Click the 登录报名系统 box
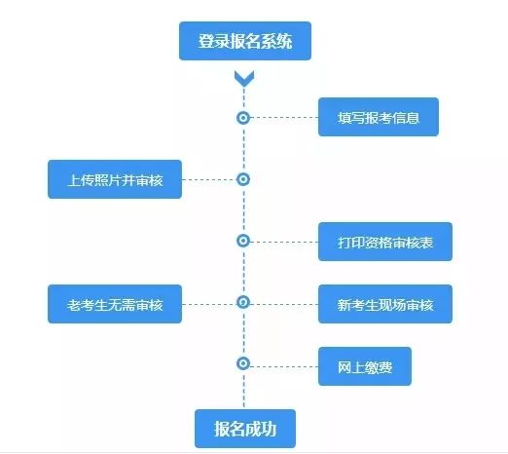244,41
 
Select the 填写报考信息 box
380,117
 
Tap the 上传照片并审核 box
115,179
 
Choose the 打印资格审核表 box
384,241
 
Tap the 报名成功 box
244,427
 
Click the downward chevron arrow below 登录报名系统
244,78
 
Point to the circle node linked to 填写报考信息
243,117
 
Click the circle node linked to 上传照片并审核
243,179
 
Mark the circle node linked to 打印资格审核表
243,241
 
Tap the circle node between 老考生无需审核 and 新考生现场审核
243,302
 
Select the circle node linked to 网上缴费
243,363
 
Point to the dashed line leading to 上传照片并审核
208,179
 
